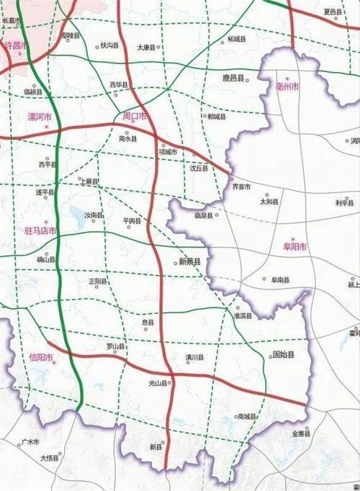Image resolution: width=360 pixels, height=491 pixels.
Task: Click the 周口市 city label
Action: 135,115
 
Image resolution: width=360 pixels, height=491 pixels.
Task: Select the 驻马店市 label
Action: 40,231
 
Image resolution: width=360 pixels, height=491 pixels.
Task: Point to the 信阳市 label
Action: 42,356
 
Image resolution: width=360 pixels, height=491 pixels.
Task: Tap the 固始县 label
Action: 283,355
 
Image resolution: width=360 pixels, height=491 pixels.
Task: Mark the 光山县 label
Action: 158,383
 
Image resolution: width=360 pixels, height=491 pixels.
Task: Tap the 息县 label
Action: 148,323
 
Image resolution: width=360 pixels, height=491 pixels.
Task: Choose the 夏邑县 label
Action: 333,12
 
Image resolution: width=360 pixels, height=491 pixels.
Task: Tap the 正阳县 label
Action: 97,281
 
